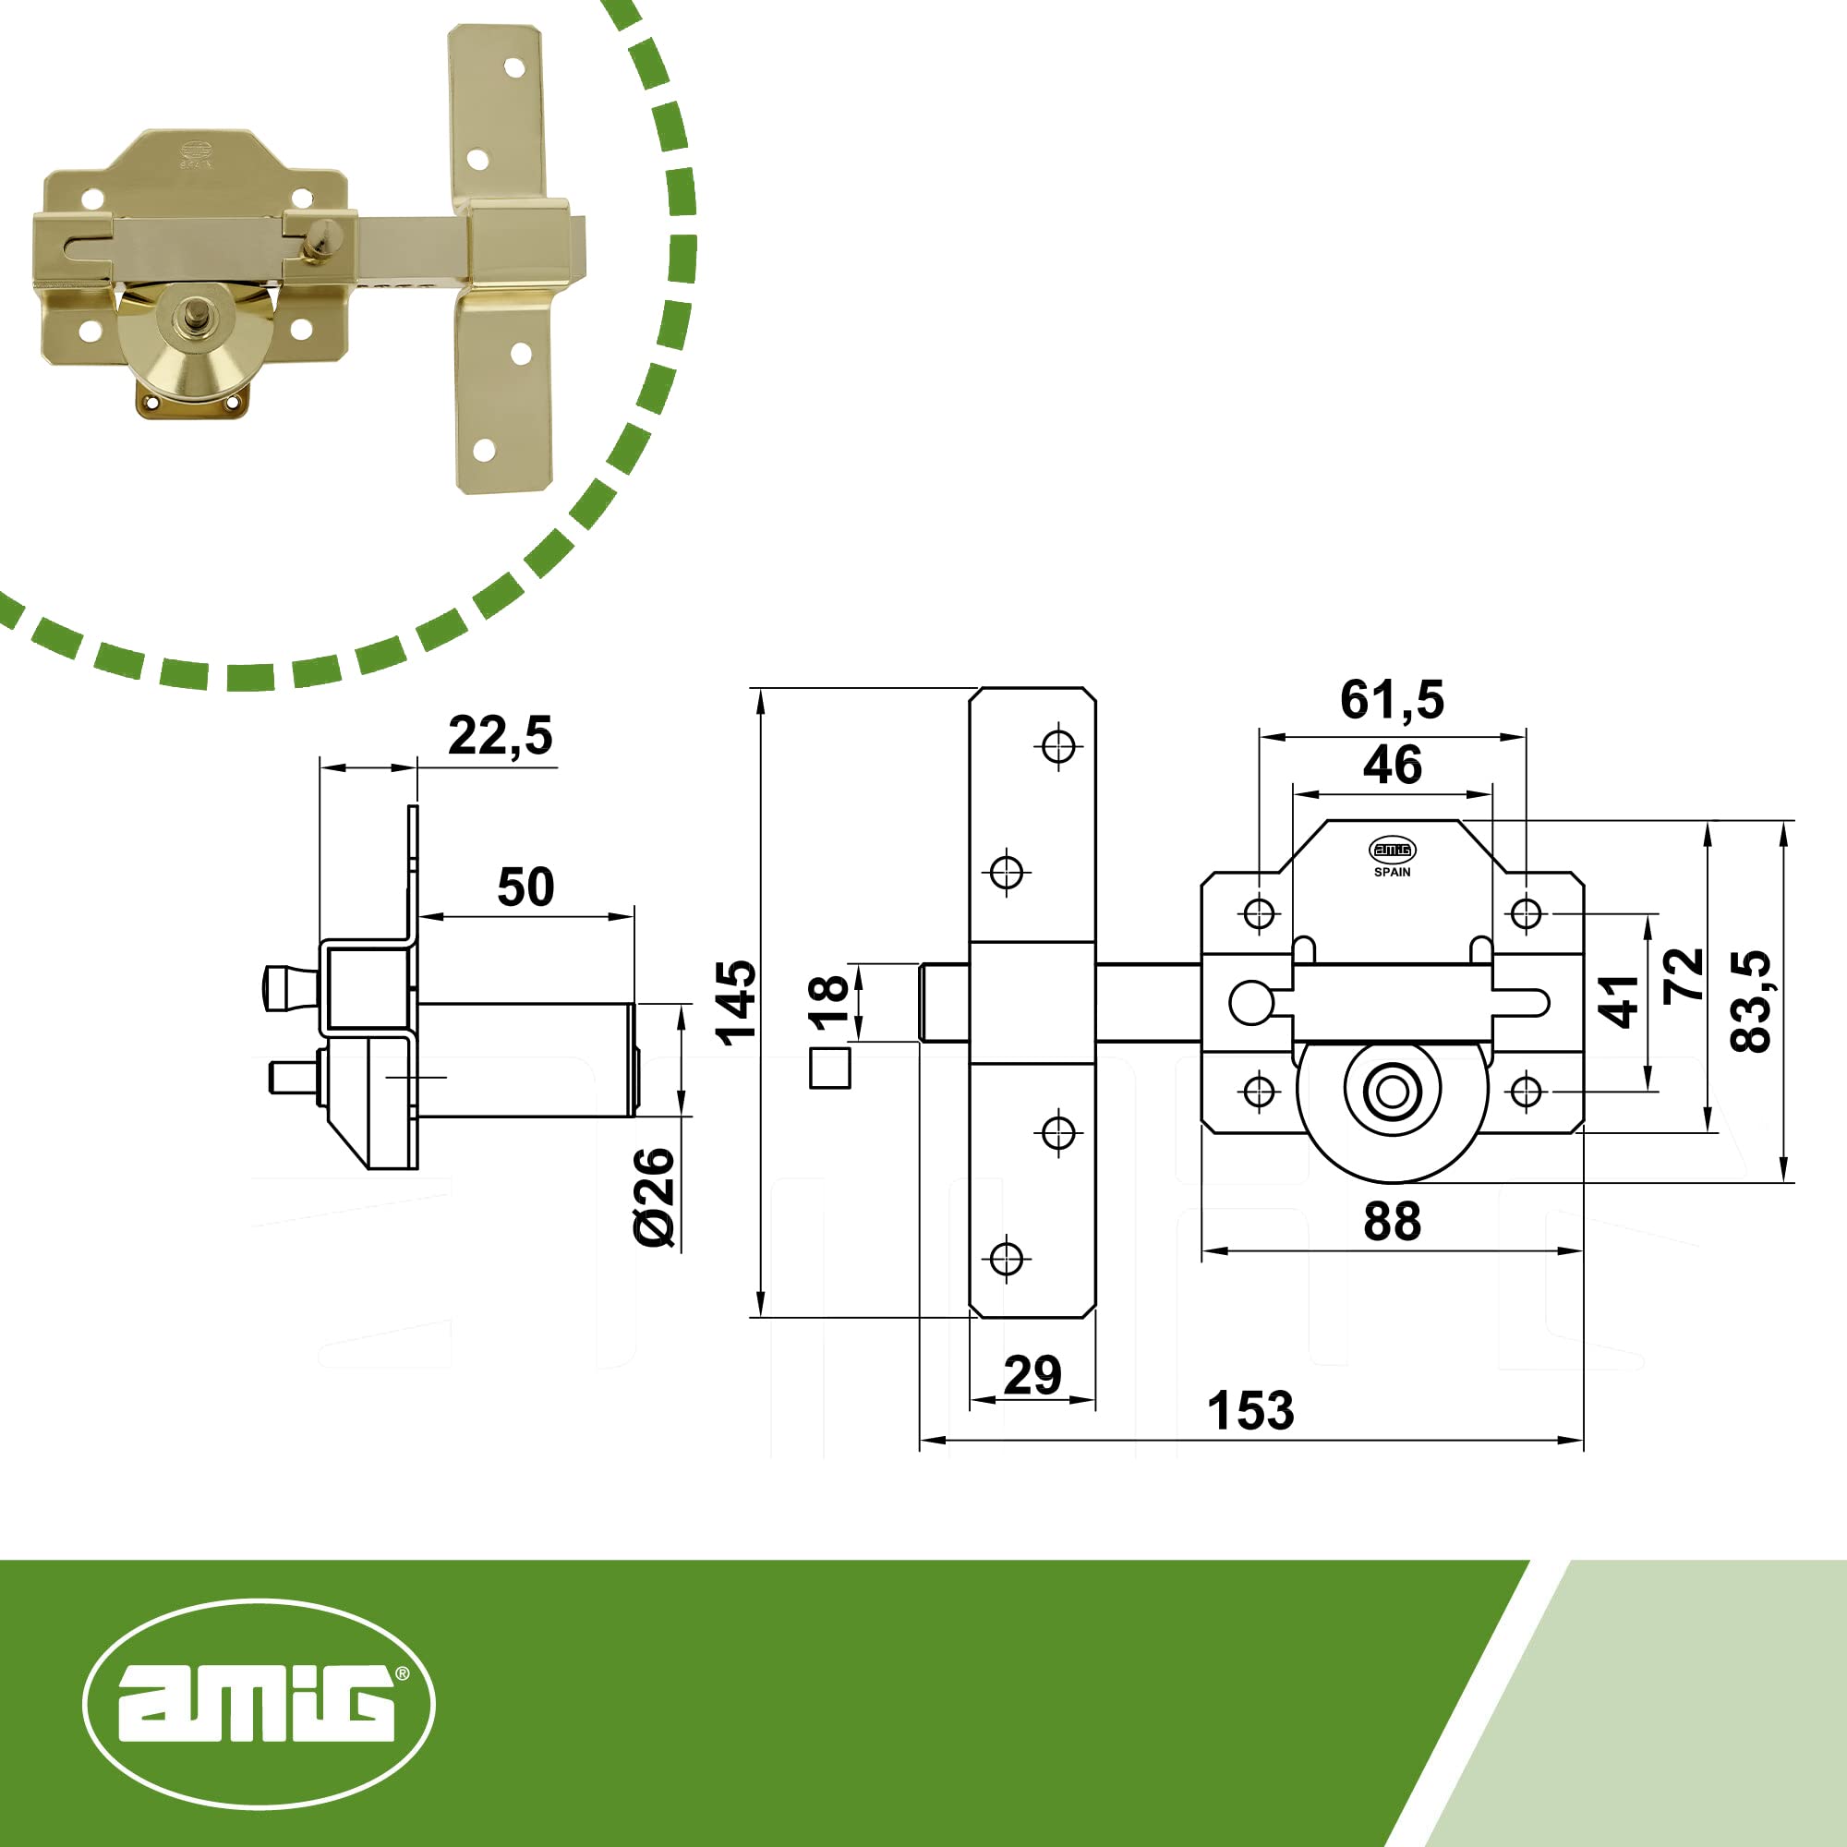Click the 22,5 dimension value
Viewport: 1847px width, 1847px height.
point(500,736)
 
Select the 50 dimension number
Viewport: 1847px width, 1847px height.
point(525,887)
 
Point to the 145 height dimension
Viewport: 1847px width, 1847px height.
point(736,1002)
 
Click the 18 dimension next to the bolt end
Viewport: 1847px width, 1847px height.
point(827,1003)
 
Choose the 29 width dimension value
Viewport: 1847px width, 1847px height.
point(1032,1375)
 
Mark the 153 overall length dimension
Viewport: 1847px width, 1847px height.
point(1250,1411)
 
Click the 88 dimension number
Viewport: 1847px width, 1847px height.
point(1392,1222)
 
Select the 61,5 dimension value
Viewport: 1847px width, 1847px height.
point(1392,700)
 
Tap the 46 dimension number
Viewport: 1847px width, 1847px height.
point(1392,765)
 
